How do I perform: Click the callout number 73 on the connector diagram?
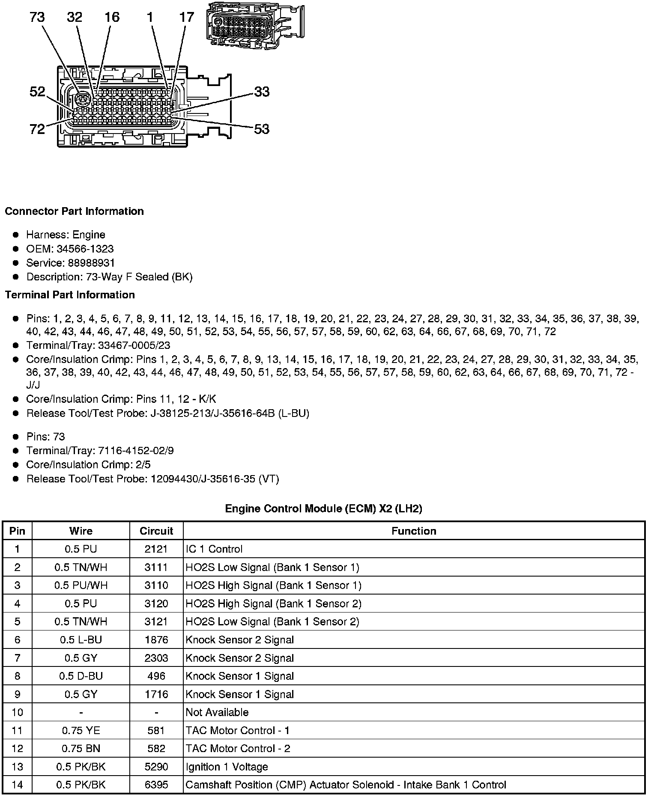tap(37, 18)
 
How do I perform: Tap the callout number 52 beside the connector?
tap(38, 91)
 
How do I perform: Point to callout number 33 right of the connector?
tap(262, 92)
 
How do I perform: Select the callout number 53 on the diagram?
tap(262, 129)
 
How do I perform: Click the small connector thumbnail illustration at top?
tap(255, 25)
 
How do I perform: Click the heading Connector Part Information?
tap(75, 211)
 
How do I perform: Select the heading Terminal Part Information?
tap(70, 295)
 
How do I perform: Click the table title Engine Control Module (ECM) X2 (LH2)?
tap(323, 509)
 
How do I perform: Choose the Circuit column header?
tap(156, 531)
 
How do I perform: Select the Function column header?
tap(414, 531)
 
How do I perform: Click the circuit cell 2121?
tap(156, 549)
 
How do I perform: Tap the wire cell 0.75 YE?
tap(81, 730)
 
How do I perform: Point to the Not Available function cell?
tap(217, 712)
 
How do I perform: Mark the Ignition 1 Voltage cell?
tap(227, 767)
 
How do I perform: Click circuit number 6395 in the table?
tap(156, 785)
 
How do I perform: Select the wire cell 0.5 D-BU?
tap(81, 676)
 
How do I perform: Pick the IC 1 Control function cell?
tap(214, 549)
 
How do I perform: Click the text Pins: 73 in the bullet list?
tap(45, 437)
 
